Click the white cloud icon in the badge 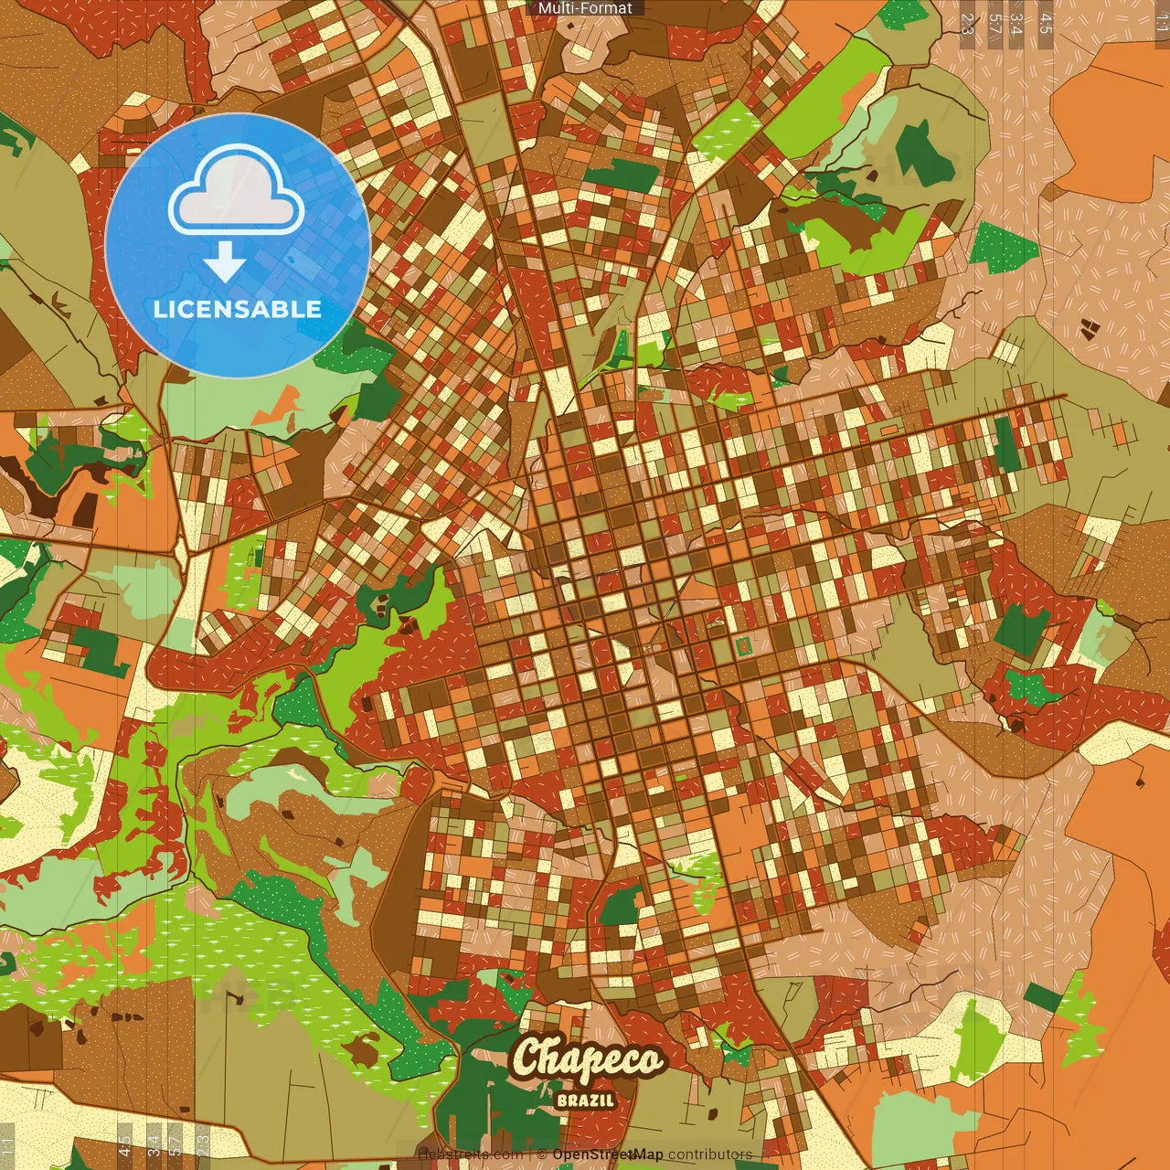click(x=237, y=197)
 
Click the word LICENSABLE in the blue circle click(x=238, y=309)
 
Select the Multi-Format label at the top click(x=585, y=8)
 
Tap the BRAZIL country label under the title click(x=585, y=1100)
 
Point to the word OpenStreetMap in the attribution click(x=608, y=1154)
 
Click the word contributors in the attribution click(x=710, y=1154)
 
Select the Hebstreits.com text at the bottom click(x=470, y=1154)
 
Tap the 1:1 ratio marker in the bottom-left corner click(x=8, y=1145)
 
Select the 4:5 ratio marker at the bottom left click(x=124, y=1145)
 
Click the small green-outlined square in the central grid click(x=744, y=646)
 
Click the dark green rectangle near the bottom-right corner click(x=1043, y=997)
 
